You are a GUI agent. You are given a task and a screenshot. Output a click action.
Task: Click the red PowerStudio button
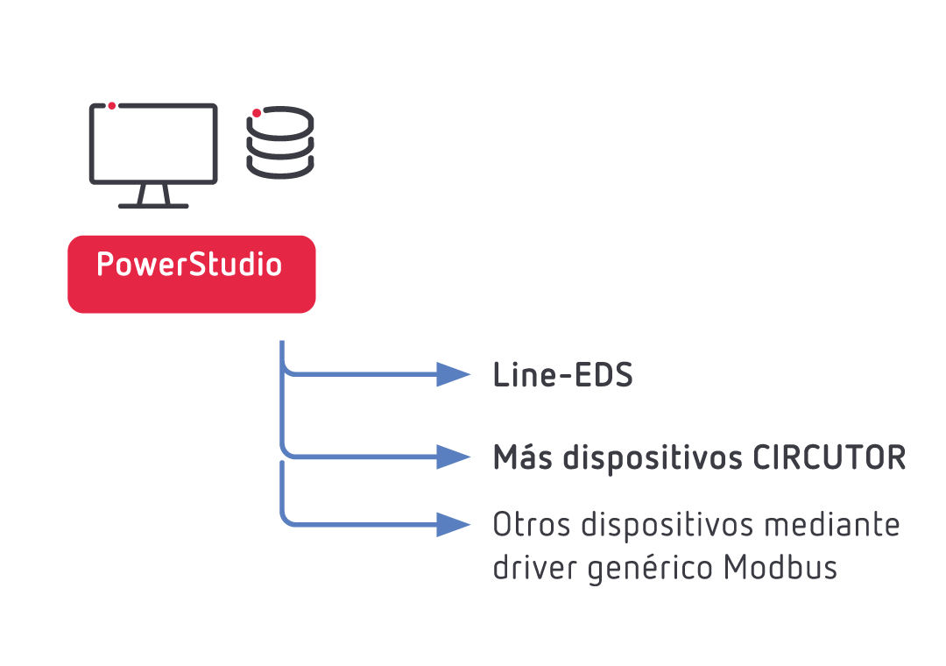click(x=191, y=274)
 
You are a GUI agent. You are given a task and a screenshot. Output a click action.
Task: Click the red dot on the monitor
click(x=111, y=106)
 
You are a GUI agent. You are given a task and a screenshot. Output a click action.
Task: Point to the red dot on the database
click(x=257, y=113)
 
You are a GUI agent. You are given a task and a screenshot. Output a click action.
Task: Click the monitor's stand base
click(x=153, y=206)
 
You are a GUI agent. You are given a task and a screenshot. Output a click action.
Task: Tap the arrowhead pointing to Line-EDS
click(x=453, y=374)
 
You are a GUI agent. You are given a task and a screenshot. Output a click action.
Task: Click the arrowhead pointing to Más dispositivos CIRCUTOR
click(x=453, y=457)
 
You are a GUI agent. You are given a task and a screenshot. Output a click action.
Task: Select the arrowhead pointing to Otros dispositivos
click(x=453, y=524)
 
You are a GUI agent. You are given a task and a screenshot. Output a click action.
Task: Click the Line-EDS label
click(x=563, y=374)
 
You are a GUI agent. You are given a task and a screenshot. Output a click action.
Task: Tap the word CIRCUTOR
click(x=830, y=457)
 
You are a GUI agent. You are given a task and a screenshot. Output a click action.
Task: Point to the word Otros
click(x=532, y=524)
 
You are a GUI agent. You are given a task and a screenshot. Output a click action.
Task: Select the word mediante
click(x=832, y=524)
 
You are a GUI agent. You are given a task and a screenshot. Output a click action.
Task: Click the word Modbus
click(x=780, y=567)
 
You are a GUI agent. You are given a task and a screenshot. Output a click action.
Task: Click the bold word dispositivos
click(x=653, y=458)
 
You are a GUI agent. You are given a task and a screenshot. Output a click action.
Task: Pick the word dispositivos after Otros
click(x=667, y=525)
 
